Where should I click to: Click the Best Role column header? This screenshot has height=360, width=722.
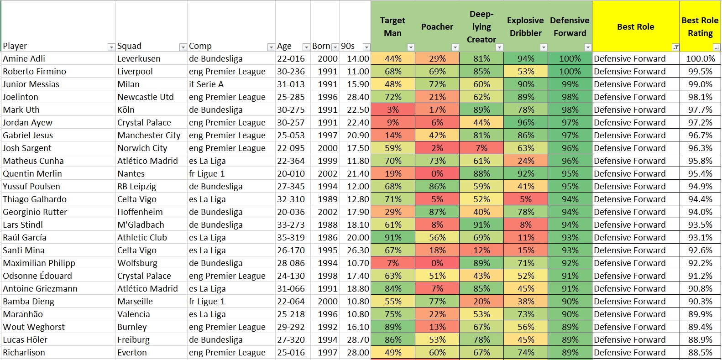pos(635,27)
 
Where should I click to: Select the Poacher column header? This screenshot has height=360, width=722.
pos(437,27)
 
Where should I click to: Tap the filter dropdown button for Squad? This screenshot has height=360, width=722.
pos(183,47)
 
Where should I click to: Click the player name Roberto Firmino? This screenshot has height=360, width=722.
pos(35,72)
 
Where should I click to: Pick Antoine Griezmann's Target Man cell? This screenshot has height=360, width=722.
pos(392,289)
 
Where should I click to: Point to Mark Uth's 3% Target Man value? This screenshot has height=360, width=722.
pos(392,110)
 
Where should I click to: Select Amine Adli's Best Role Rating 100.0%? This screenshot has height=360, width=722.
pos(700,59)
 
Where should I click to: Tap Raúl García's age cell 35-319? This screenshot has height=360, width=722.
pos(291,238)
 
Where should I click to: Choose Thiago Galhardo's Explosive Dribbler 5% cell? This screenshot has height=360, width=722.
pos(525,199)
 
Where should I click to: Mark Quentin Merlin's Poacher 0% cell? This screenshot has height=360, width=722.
pos(437,174)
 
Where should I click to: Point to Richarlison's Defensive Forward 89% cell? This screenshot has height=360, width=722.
pos(570,353)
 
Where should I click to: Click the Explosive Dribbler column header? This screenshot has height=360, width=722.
pos(525,27)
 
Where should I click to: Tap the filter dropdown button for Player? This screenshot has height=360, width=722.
pos(111,47)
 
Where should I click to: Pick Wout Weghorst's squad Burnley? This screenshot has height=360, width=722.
pos(132,327)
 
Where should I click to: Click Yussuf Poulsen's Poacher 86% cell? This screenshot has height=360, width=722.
pos(437,187)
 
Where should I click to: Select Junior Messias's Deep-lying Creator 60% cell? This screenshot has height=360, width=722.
pos(481,84)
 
